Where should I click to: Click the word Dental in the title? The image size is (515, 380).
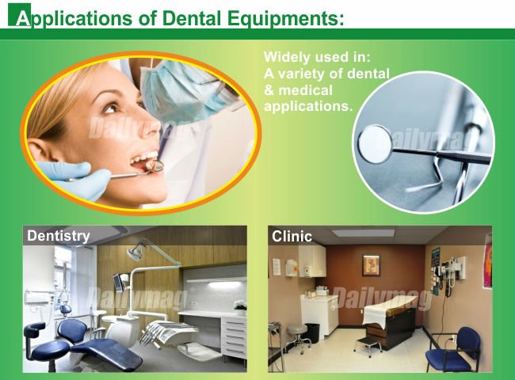pos(191,18)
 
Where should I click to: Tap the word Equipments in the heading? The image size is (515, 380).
pos(286,19)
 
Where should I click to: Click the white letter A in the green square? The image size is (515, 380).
pos(22,18)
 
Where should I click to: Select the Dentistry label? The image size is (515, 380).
pos(59,236)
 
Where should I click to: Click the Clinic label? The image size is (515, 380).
pos(292,237)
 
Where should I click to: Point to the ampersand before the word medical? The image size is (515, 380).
pos(269,90)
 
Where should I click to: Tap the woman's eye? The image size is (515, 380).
pos(109,108)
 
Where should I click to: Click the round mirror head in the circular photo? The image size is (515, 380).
pos(375,144)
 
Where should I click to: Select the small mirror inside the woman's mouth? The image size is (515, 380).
pos(155,166)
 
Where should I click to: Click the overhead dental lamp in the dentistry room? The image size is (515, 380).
pos(137,250)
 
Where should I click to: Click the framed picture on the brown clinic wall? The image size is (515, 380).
pos(371,265)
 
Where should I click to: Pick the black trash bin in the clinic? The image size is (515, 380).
pos(312,333)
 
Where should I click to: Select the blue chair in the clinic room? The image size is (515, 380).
pos(455,349)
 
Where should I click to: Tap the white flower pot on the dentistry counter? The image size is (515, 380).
pos(240,308)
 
